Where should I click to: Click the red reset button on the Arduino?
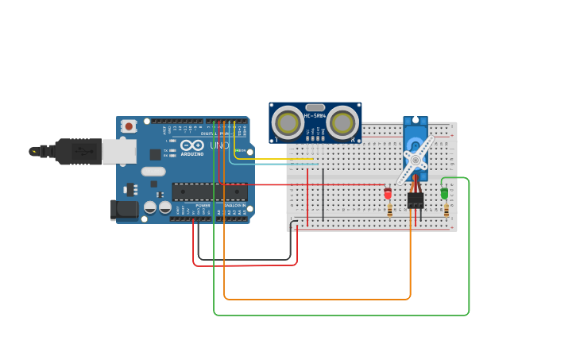tap(129, 126)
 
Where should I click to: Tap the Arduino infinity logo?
tap(191, 145)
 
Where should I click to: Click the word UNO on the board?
tap(218, 145)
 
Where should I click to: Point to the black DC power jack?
tap(125, 210)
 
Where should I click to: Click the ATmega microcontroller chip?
tap(209, 192)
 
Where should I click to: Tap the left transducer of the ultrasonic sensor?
tap(287, 122)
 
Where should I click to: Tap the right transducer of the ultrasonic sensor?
tap(342, 122)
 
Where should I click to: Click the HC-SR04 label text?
tap(315, 116)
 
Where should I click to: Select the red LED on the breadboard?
tap(388, 193)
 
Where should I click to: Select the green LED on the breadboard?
tap(444, 193)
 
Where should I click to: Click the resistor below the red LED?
tap(389, 211)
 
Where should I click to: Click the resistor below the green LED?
tap(446, 211)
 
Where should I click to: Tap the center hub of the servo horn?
tap(415, 160)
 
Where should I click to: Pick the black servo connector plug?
tap(416, 199)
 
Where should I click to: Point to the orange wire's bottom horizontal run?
tap(318, 300)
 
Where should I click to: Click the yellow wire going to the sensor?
tap(278, 159)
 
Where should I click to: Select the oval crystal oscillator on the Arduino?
tap(153, 171)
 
